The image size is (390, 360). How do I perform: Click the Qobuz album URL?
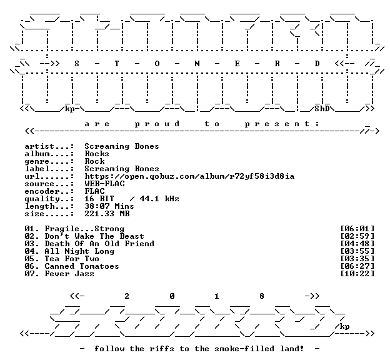coord(189,176)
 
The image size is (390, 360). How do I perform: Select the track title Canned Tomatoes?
coord(82,266)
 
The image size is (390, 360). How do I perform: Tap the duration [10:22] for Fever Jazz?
coord(357,274)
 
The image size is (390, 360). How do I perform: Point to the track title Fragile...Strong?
coord(84,229)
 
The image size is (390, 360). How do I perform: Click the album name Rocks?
coord(97,154)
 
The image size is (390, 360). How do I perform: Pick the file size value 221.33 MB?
coord(107,214)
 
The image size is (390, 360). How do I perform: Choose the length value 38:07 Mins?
coord(109,206)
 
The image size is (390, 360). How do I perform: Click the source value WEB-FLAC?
coord(104,184)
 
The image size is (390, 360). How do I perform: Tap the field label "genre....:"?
coord(49,161)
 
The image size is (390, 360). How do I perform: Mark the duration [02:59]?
coord(357,236)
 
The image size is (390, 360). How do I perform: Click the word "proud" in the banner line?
coord(157,124)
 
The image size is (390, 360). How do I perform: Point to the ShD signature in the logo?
coord(322,109)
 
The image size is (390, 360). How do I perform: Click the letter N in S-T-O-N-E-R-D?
coord(197,64)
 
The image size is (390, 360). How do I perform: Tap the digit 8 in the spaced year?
coord(262,296)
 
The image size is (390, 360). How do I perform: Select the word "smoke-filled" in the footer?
coord(244,349)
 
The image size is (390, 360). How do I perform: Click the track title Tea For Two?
coord(72,259)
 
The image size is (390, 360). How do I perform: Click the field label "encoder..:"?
coord(49,191)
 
